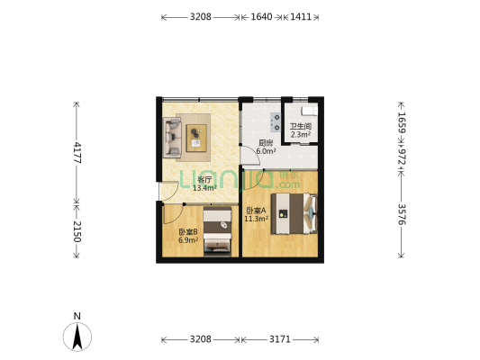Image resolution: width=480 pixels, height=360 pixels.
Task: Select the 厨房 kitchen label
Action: point(266,142)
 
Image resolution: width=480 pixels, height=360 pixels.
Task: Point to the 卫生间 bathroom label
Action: point(300,127)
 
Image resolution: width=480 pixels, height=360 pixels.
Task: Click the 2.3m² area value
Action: point(300,135)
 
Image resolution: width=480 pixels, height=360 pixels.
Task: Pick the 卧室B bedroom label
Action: point(187,232)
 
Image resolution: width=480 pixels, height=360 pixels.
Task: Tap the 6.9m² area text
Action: point(187,241)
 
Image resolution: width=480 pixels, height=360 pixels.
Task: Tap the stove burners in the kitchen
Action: point(267,119)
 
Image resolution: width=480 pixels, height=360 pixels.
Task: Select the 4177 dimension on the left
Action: point(77,152)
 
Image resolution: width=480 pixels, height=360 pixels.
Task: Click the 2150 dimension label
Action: point(77,231)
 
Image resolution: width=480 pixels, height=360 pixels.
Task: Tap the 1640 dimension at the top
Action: point(260,17)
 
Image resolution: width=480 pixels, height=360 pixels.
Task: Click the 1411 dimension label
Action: point(301,17)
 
